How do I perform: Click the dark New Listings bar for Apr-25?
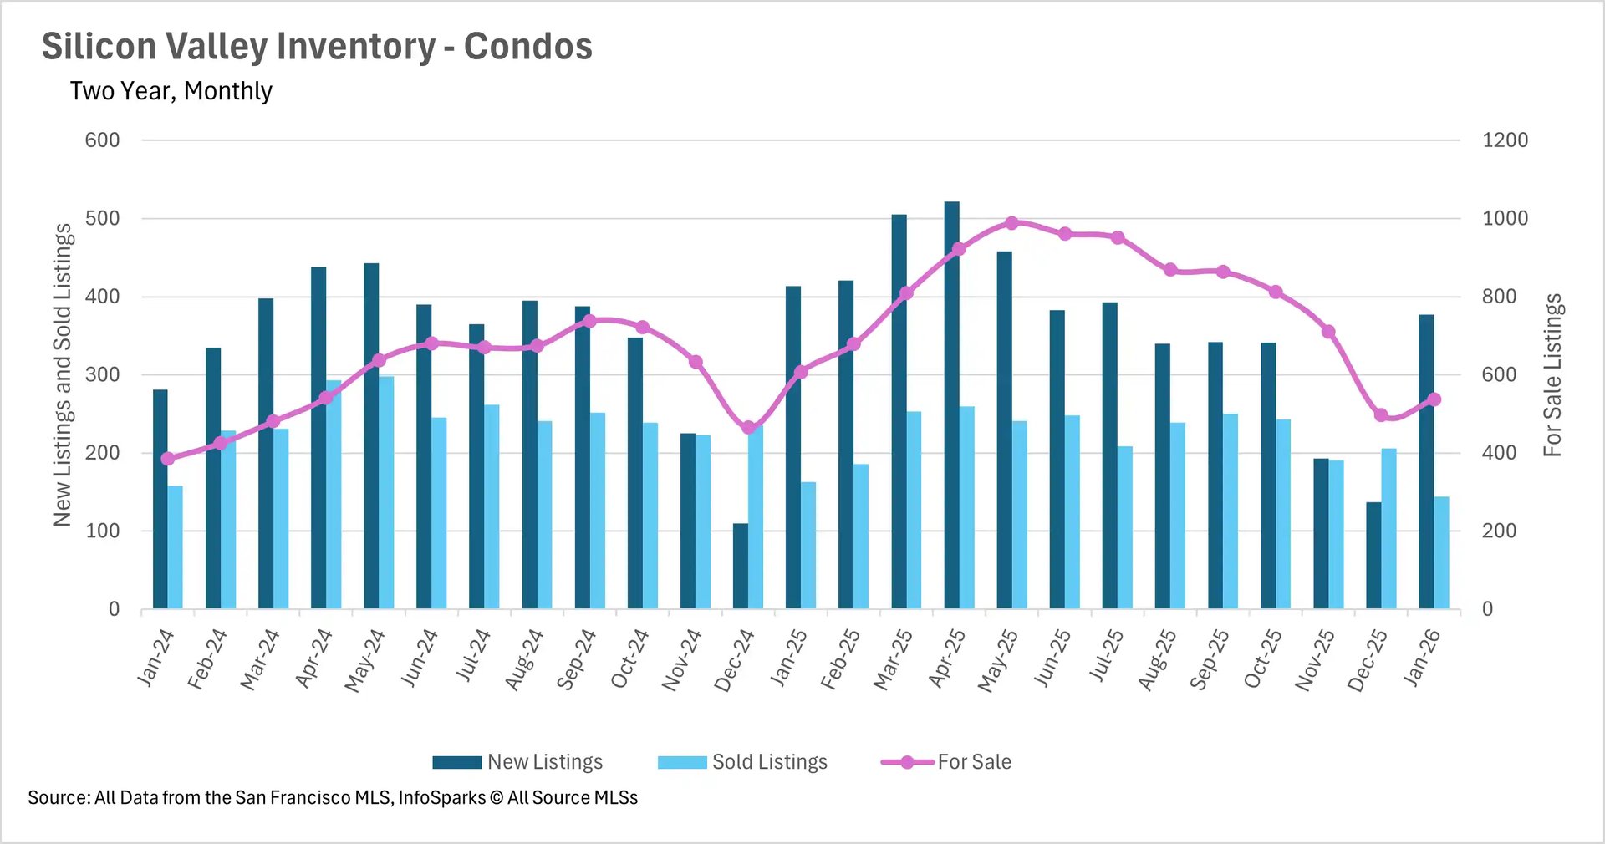point(951,405)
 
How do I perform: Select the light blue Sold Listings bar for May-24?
point(386,493)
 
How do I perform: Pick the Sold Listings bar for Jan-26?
point(1441,552)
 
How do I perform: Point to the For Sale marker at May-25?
point(1011,223)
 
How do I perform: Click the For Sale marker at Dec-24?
point(749,428)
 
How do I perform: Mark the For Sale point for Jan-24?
point(168,459)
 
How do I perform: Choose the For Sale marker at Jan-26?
point(1434,399)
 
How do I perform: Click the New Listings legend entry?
point(518,762)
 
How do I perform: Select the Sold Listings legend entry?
point(743,762)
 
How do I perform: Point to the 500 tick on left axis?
point(102,219)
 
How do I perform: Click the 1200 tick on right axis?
point(1505,140)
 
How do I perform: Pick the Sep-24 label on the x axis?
point(577,660)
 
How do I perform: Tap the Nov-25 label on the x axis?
point(1316,660)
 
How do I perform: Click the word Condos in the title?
point(527,47)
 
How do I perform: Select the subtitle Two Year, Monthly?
point(171,91)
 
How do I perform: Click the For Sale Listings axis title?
point(1552,375)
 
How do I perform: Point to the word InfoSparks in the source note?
point(441,798)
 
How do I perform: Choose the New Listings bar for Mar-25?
point(899,411)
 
